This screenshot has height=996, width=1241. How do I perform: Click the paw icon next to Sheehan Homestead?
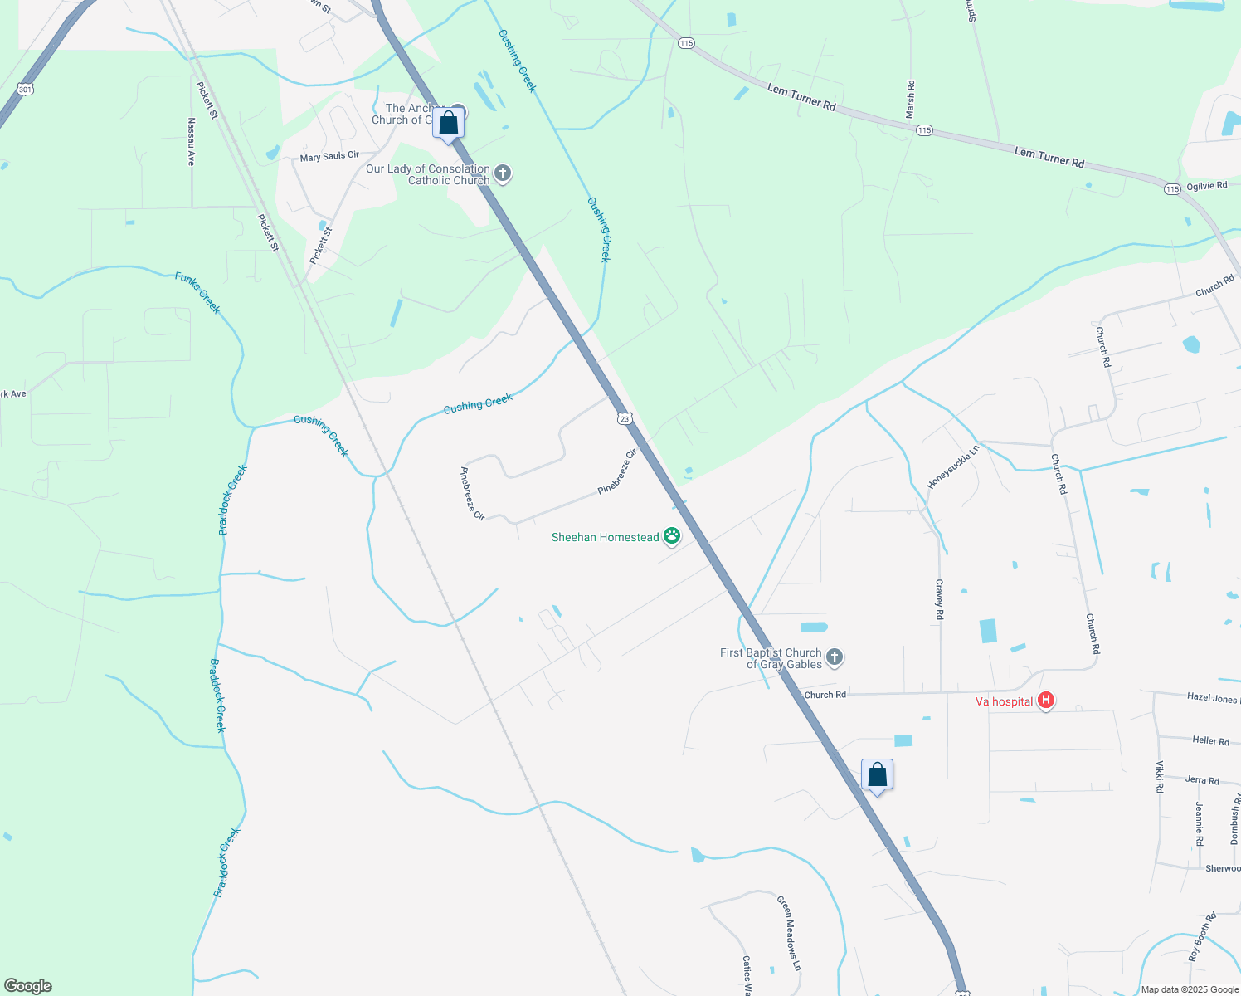[x=672, y=537]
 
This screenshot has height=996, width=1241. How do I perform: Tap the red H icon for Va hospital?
[x=1046, y=701]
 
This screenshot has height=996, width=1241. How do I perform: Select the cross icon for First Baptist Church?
[x=835, y=658]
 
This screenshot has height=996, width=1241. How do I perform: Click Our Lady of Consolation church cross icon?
[x=502, y=174]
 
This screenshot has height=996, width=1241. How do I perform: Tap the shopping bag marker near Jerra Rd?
[x=877, y=776]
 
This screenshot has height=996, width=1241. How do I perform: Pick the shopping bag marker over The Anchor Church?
[x=448, y=123]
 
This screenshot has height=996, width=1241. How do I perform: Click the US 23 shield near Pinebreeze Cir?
[x=624, y=419]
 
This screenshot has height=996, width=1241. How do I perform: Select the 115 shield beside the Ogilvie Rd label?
[x=1171, y=189]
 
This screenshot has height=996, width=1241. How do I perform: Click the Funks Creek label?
[x=198, y=293]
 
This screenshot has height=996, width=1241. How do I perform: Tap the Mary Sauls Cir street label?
[x=329, y=156]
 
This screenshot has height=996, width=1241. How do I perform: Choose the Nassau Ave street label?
[x=191, y=141]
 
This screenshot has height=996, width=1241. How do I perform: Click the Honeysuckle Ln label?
[x=953, y=466]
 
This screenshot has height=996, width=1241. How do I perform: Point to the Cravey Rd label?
[x=939, y=599]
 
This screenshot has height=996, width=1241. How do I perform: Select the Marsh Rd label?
[x=911, y=99]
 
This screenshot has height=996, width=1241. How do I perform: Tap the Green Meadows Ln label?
[x=789, y=933]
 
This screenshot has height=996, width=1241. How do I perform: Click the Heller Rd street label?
[x=1210, y=740]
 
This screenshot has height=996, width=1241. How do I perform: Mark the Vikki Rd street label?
[x=1160, y=777]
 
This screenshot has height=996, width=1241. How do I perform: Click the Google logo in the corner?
[x=27, y=986]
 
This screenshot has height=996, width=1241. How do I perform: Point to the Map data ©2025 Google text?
[x=1188, y=989]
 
